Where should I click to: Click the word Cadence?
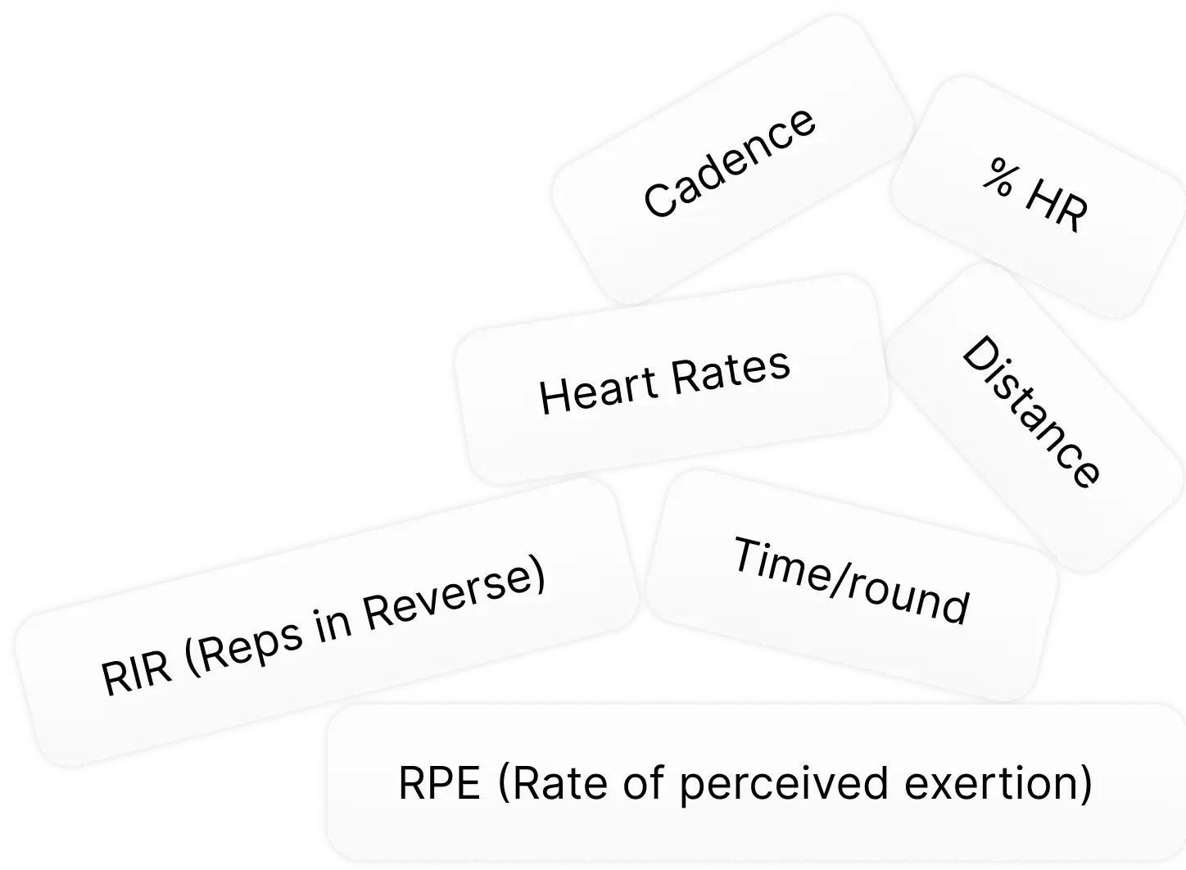729,163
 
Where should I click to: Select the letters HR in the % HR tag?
1056,206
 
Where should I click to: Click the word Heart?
598,392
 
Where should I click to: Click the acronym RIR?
137,675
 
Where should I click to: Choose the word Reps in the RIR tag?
251,646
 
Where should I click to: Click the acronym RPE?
439,784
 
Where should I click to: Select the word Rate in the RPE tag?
560,784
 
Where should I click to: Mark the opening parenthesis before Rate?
504,784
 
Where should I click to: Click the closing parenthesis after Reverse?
538,574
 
